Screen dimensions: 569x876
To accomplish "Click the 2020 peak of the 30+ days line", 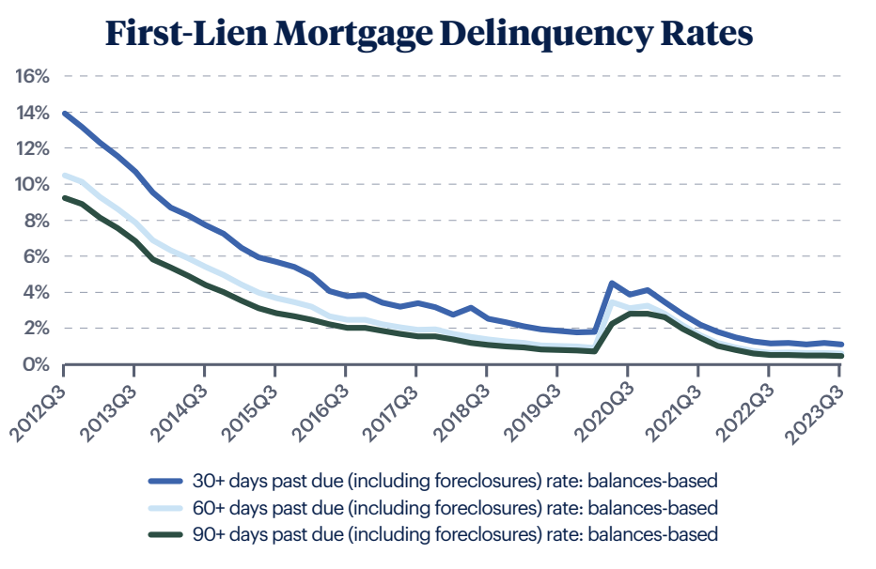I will point(612,283).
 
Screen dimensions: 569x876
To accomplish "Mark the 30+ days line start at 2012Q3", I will point(63,114).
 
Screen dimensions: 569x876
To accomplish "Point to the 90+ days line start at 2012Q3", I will point(63,197).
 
